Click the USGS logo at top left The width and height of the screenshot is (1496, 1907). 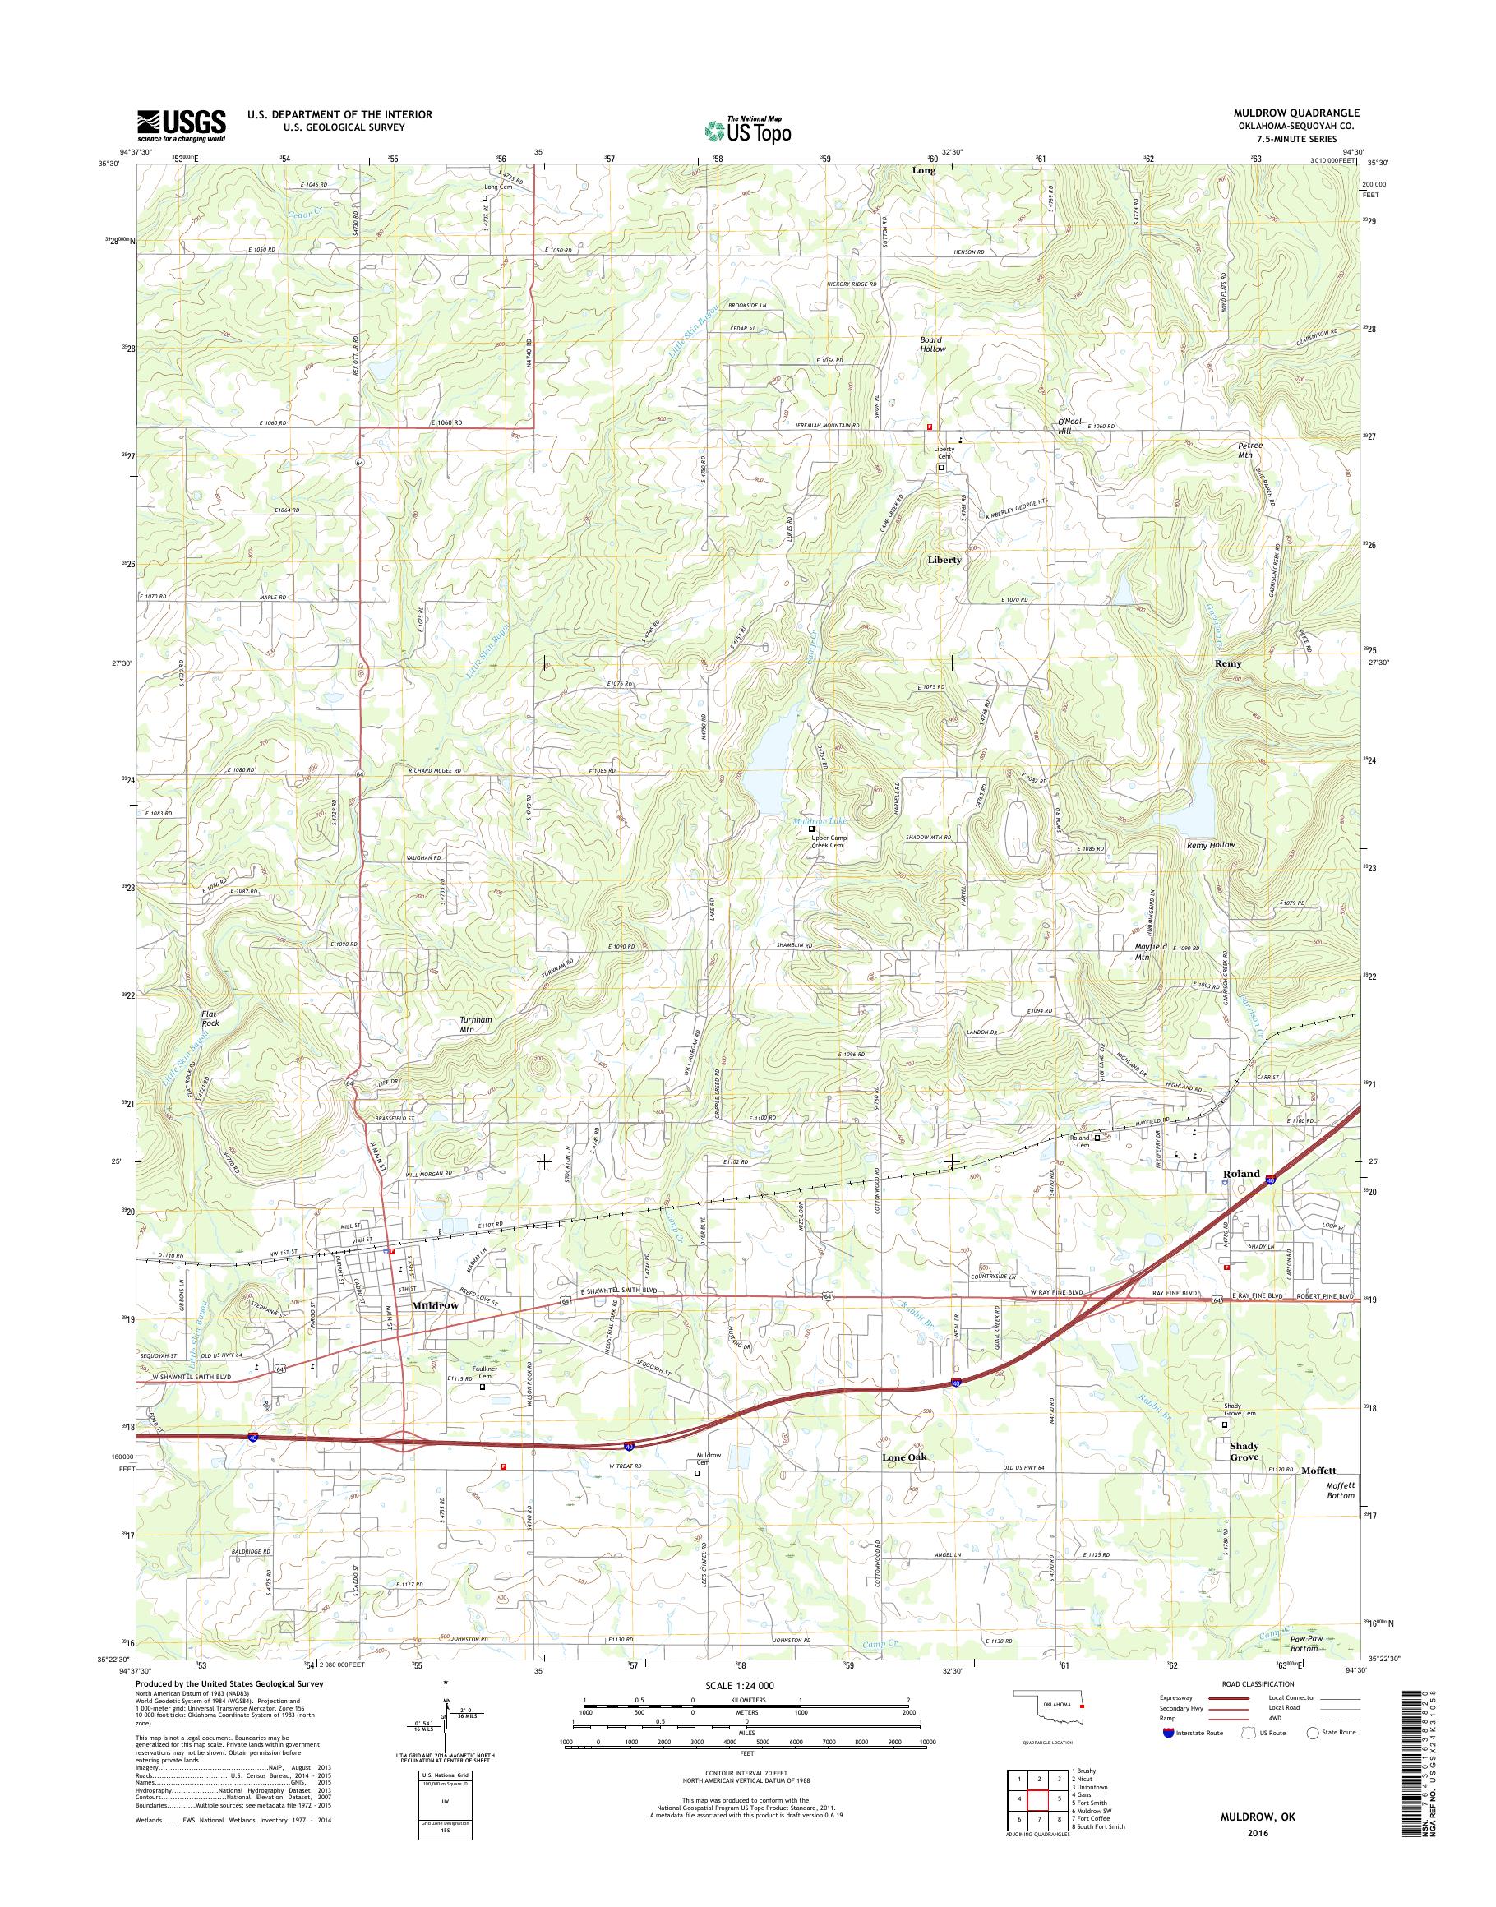coord(181,125)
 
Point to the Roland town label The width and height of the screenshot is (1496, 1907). coord(1241,1173)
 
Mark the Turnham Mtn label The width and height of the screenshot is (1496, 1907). coord(478,1026)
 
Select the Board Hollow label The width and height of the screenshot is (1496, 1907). coord(932,344)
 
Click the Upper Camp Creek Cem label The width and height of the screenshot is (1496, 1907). coord(827,841)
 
